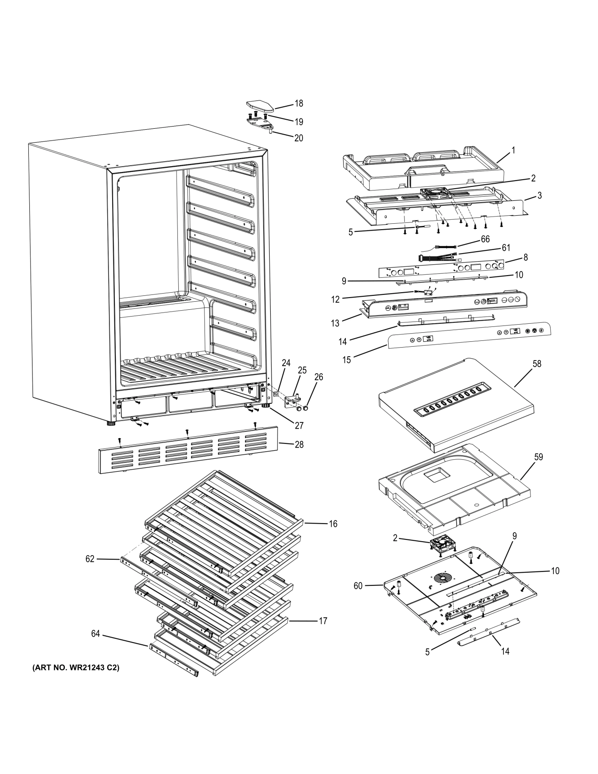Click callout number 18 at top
click(299, 103)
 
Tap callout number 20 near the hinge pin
click(299, 138)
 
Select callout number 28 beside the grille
click(299, 444)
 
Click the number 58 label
click(537, 363)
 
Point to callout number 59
click(538, 457)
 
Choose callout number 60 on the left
click(358, 585)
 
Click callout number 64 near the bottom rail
click(95, 634)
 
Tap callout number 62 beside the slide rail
click(90, 559)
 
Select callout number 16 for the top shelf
click(333, 524)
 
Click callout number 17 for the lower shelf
click(322, 620)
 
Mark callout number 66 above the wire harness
click(485, 239)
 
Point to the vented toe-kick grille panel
click(187, 450)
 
